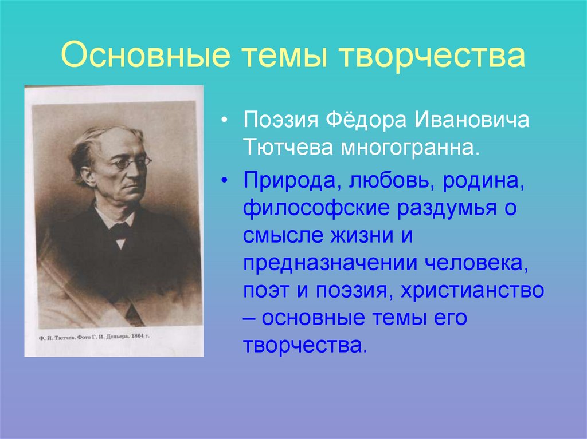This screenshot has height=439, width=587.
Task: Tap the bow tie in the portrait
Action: pyautogui.click(x=120, y=231)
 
